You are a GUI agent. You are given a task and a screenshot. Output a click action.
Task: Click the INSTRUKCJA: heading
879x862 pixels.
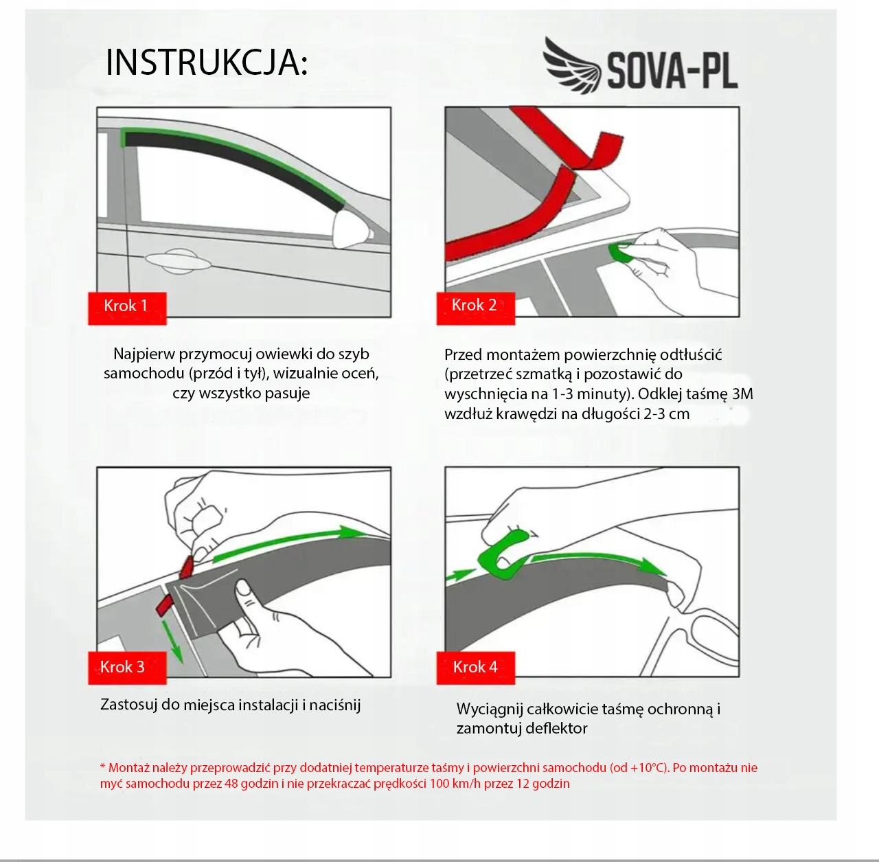coord(207,63)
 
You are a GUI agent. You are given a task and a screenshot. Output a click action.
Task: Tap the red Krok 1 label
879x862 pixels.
coord(127,308)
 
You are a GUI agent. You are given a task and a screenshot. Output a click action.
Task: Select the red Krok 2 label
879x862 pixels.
coord(476,308)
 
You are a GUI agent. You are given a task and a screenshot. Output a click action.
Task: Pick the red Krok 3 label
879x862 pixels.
coord(127,668)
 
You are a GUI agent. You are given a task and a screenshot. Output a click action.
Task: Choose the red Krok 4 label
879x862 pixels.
coord(476,668)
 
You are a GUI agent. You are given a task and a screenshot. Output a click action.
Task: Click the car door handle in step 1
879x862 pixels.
coord(179,261)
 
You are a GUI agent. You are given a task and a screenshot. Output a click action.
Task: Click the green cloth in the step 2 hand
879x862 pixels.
coord(619,253)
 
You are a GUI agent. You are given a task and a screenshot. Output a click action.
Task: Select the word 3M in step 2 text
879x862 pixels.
coord(742,394)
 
